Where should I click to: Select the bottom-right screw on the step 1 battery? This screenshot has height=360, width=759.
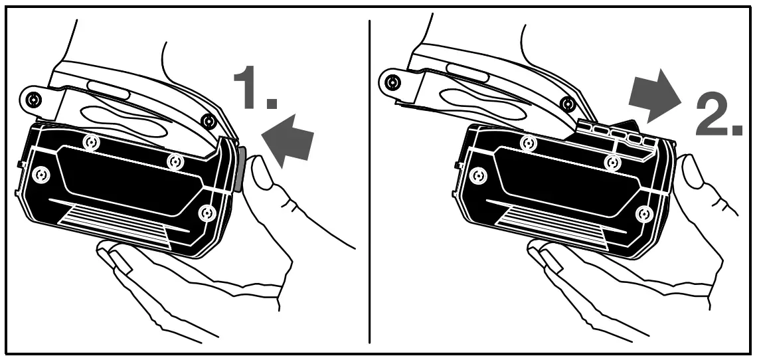[x=208, y=213]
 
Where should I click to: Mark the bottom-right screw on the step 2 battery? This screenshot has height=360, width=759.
[x=643, y=214]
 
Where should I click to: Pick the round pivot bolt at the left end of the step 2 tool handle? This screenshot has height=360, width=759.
[x=392, y=83]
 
